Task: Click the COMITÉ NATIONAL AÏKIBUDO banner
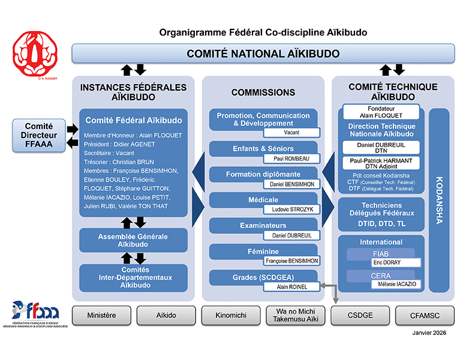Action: pos(263,53)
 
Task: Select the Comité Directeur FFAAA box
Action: pos(40,135)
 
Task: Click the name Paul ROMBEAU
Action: pos(291,158)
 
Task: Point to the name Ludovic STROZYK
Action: pos(291,209)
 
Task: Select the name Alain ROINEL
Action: pos(291,287)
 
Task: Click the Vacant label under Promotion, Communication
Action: pos(291,133)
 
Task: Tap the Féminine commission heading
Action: pos(263,252)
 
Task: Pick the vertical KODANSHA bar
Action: pos(438,200)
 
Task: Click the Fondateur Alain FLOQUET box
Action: pos(381,112)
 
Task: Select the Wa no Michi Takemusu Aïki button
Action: pos(295,314)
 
